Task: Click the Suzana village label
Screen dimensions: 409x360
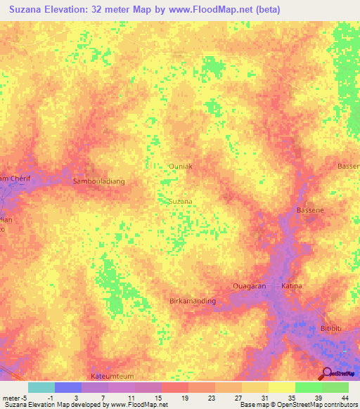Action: pos(181,201)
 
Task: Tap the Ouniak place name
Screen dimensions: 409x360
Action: pos(181,167)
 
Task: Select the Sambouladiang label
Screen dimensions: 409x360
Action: pos(98,181)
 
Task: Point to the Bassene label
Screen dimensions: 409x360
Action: pos(310,210)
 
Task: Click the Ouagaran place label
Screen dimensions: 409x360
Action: pos(250,286)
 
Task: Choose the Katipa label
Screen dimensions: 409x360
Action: pos(292,286)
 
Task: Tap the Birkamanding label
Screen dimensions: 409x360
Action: pos(193,301)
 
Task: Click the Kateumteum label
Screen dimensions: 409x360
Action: pos(112,377)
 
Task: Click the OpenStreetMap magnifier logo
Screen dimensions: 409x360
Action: pos(327,374)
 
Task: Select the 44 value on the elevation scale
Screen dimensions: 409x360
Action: pos(345,396)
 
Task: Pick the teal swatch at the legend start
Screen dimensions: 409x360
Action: pos(41,387)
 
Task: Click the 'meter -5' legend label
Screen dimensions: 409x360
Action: pos(15,396)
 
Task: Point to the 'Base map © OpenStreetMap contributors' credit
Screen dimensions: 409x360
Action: pos(297,405)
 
